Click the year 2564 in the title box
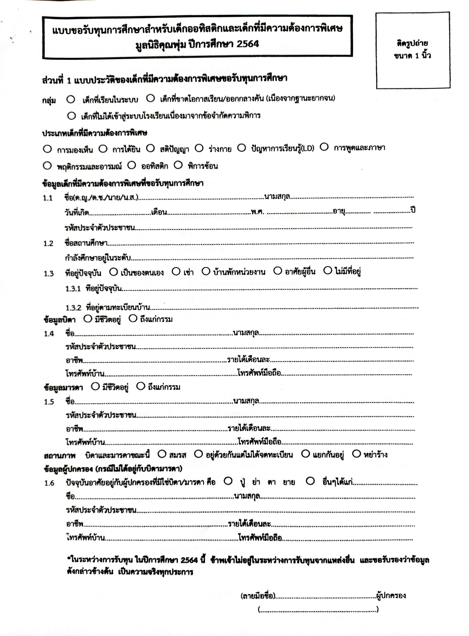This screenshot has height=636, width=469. click(247, 44)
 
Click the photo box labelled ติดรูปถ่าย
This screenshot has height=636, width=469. click(413, 50)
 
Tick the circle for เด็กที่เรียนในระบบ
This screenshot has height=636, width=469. click(71, 100)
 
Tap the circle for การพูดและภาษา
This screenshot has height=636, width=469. click(324, 147)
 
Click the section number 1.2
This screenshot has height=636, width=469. click(48, 243)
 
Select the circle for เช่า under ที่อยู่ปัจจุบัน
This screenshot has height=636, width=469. click(176, 272)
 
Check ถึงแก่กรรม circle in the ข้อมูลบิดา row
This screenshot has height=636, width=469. click(133, 319)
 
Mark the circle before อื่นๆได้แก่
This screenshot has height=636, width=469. click(310, 481)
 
